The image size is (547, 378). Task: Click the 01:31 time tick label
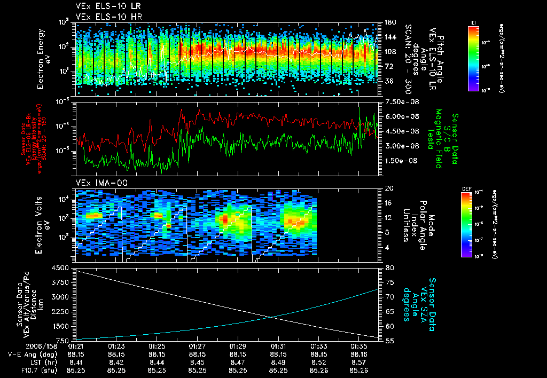[278, 346]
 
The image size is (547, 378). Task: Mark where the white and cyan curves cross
[273, 317]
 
